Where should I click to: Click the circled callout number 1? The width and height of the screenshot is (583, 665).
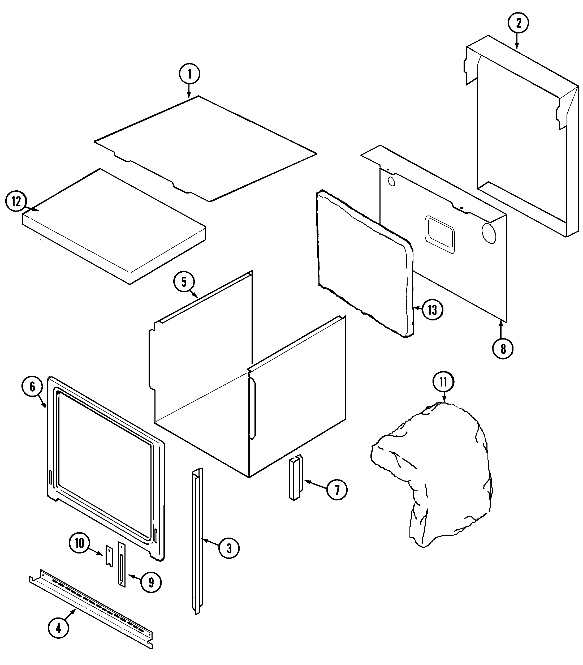click(x=189, y=74)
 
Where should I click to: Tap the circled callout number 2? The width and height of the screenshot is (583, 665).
click(x=518, y=23)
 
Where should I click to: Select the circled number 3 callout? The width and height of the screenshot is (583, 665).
click(x=229, y=548)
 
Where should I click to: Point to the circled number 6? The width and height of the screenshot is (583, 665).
click(x=32, y=387)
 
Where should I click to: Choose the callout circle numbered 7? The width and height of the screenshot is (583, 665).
click(x=336, y=499)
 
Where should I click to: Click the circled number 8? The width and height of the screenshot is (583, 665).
click(x=503, y=349)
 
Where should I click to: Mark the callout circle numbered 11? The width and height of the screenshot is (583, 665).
click(x=443, y=382)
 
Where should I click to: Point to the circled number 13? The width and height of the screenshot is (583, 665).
click(x=432, y=310)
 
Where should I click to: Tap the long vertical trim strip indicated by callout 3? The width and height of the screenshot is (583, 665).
click(x=197, y=540)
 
